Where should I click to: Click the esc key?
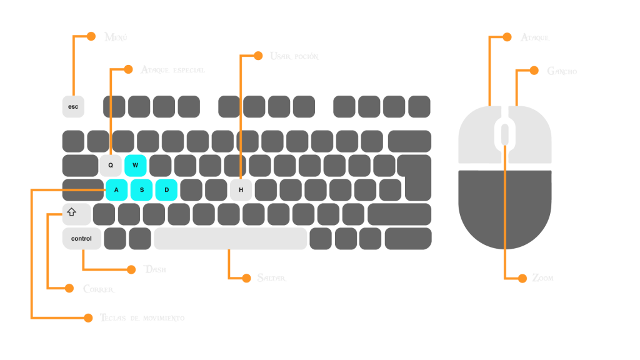point(73,106)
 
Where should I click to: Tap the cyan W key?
point(135,166)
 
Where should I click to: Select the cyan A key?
point(117,190)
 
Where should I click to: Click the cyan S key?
point(142,190)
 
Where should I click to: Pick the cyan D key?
point(166,190)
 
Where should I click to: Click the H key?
point(241,190)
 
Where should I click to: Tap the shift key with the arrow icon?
point(76,214)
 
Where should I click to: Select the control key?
point(81,239)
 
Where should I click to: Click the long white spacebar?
point(231,238)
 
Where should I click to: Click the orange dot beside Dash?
point(131,269)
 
